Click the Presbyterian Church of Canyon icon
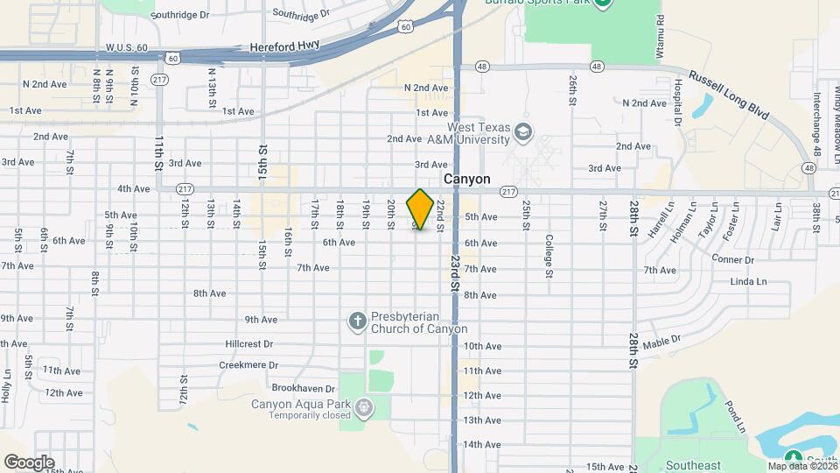coord(357,322)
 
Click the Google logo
coord(29,462)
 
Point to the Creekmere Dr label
coord(248,365)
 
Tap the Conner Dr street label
coord(732,260)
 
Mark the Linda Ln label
coord(747,281)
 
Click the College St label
coord(549,255)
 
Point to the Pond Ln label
coord(733,416)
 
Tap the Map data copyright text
coord(801,466)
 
